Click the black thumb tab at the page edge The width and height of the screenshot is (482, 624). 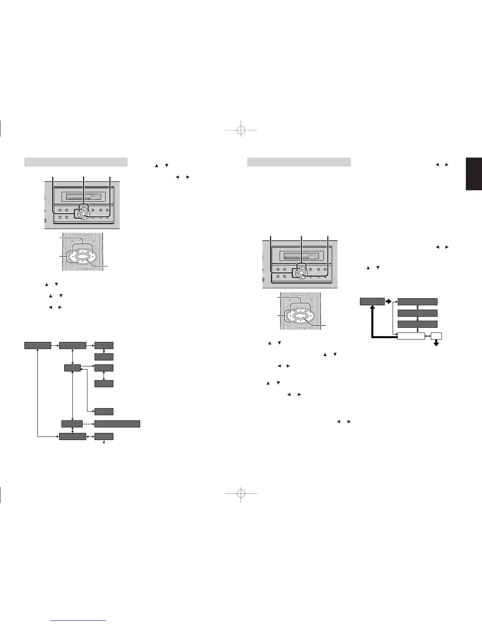point(474,174)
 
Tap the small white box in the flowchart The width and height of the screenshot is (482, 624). point(436,336)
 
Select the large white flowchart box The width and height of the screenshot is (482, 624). point(411,336)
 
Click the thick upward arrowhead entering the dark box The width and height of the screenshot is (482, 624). point(372,309)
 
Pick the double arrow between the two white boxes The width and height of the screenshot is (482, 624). point(428,336)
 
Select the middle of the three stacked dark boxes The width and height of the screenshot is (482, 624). point(417,313)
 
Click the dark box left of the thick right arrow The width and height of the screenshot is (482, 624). point(372,302)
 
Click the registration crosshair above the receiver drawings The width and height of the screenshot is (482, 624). point(241,130)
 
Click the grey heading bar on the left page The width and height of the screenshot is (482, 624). point(76,162)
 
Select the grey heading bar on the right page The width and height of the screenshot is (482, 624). point(299,162)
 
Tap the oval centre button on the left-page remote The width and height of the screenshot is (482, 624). point(82,257)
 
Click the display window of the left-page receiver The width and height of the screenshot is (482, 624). point(82,196)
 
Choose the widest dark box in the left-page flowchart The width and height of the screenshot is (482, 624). point(117,424)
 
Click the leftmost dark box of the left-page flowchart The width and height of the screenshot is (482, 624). point(38,345)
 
